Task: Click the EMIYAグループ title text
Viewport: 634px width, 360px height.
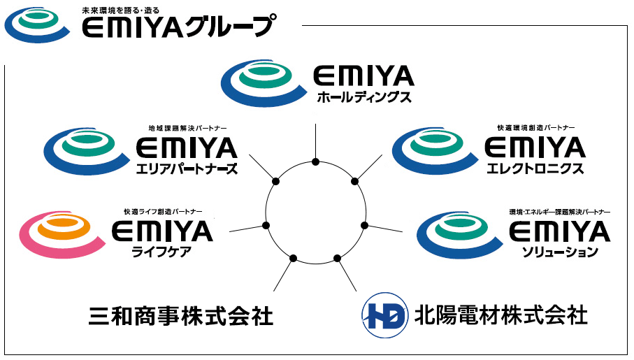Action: pyautogui.click(x=178, y=28)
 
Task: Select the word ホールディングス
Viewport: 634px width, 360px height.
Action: pyautogui.click(x=363, y=97)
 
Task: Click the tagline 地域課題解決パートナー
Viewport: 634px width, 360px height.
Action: pyautogui.click(x=188, y=129)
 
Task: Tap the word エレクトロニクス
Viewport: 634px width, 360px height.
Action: pyautogui.click(x=534, y=169)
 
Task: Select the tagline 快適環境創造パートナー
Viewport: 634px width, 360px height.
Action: pyautogui.click(x=536, y=129)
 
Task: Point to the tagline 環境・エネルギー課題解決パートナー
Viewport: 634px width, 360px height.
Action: pyautogui.click(x=560, y=211)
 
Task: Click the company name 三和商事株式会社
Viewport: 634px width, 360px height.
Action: pyautogui.click(x=181, y=316)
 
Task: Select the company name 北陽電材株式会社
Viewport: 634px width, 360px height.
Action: pyautogui.click(x=500, y=315)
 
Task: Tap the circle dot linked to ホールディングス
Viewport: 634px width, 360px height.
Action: pyautogui.click(x=316, y=162)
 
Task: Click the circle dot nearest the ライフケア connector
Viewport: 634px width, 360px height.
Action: pyautogui.click(x=266, y=225)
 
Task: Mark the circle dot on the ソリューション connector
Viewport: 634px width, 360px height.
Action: pyautogui.click(x=365, y=225)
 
